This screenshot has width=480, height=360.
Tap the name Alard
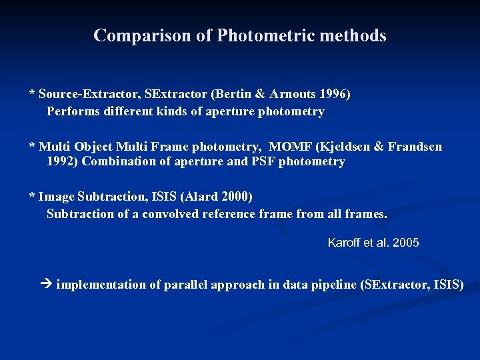206,197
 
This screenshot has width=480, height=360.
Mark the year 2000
238,197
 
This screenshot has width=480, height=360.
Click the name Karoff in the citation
345,243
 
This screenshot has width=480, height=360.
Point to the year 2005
406,243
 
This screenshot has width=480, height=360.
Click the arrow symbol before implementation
45,285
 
